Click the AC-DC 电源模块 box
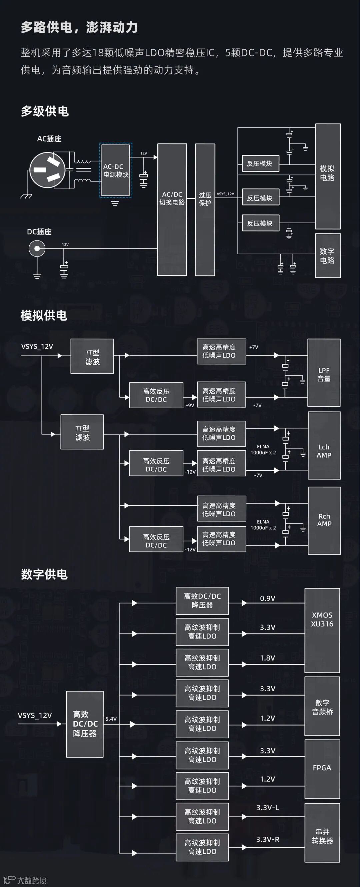[x=116, y=170]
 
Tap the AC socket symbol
[x=47, y=170]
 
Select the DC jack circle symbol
[x=37, y=248]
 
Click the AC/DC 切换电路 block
[x=172, y=210]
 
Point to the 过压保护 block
[x=205, y=210]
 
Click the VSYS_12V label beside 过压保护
[x=225, y=194]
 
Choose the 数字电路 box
[x=328, y=256]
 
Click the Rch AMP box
[x=324, y=520]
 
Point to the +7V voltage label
[x=254, y=347]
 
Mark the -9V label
[x=190, y=405]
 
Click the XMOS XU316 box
[x=322, y=630]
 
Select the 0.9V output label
[x=267, y=598]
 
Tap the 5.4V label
[x=111, y=719]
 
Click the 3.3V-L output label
[x=267, y=808]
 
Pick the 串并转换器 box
[x=322, y=836]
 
